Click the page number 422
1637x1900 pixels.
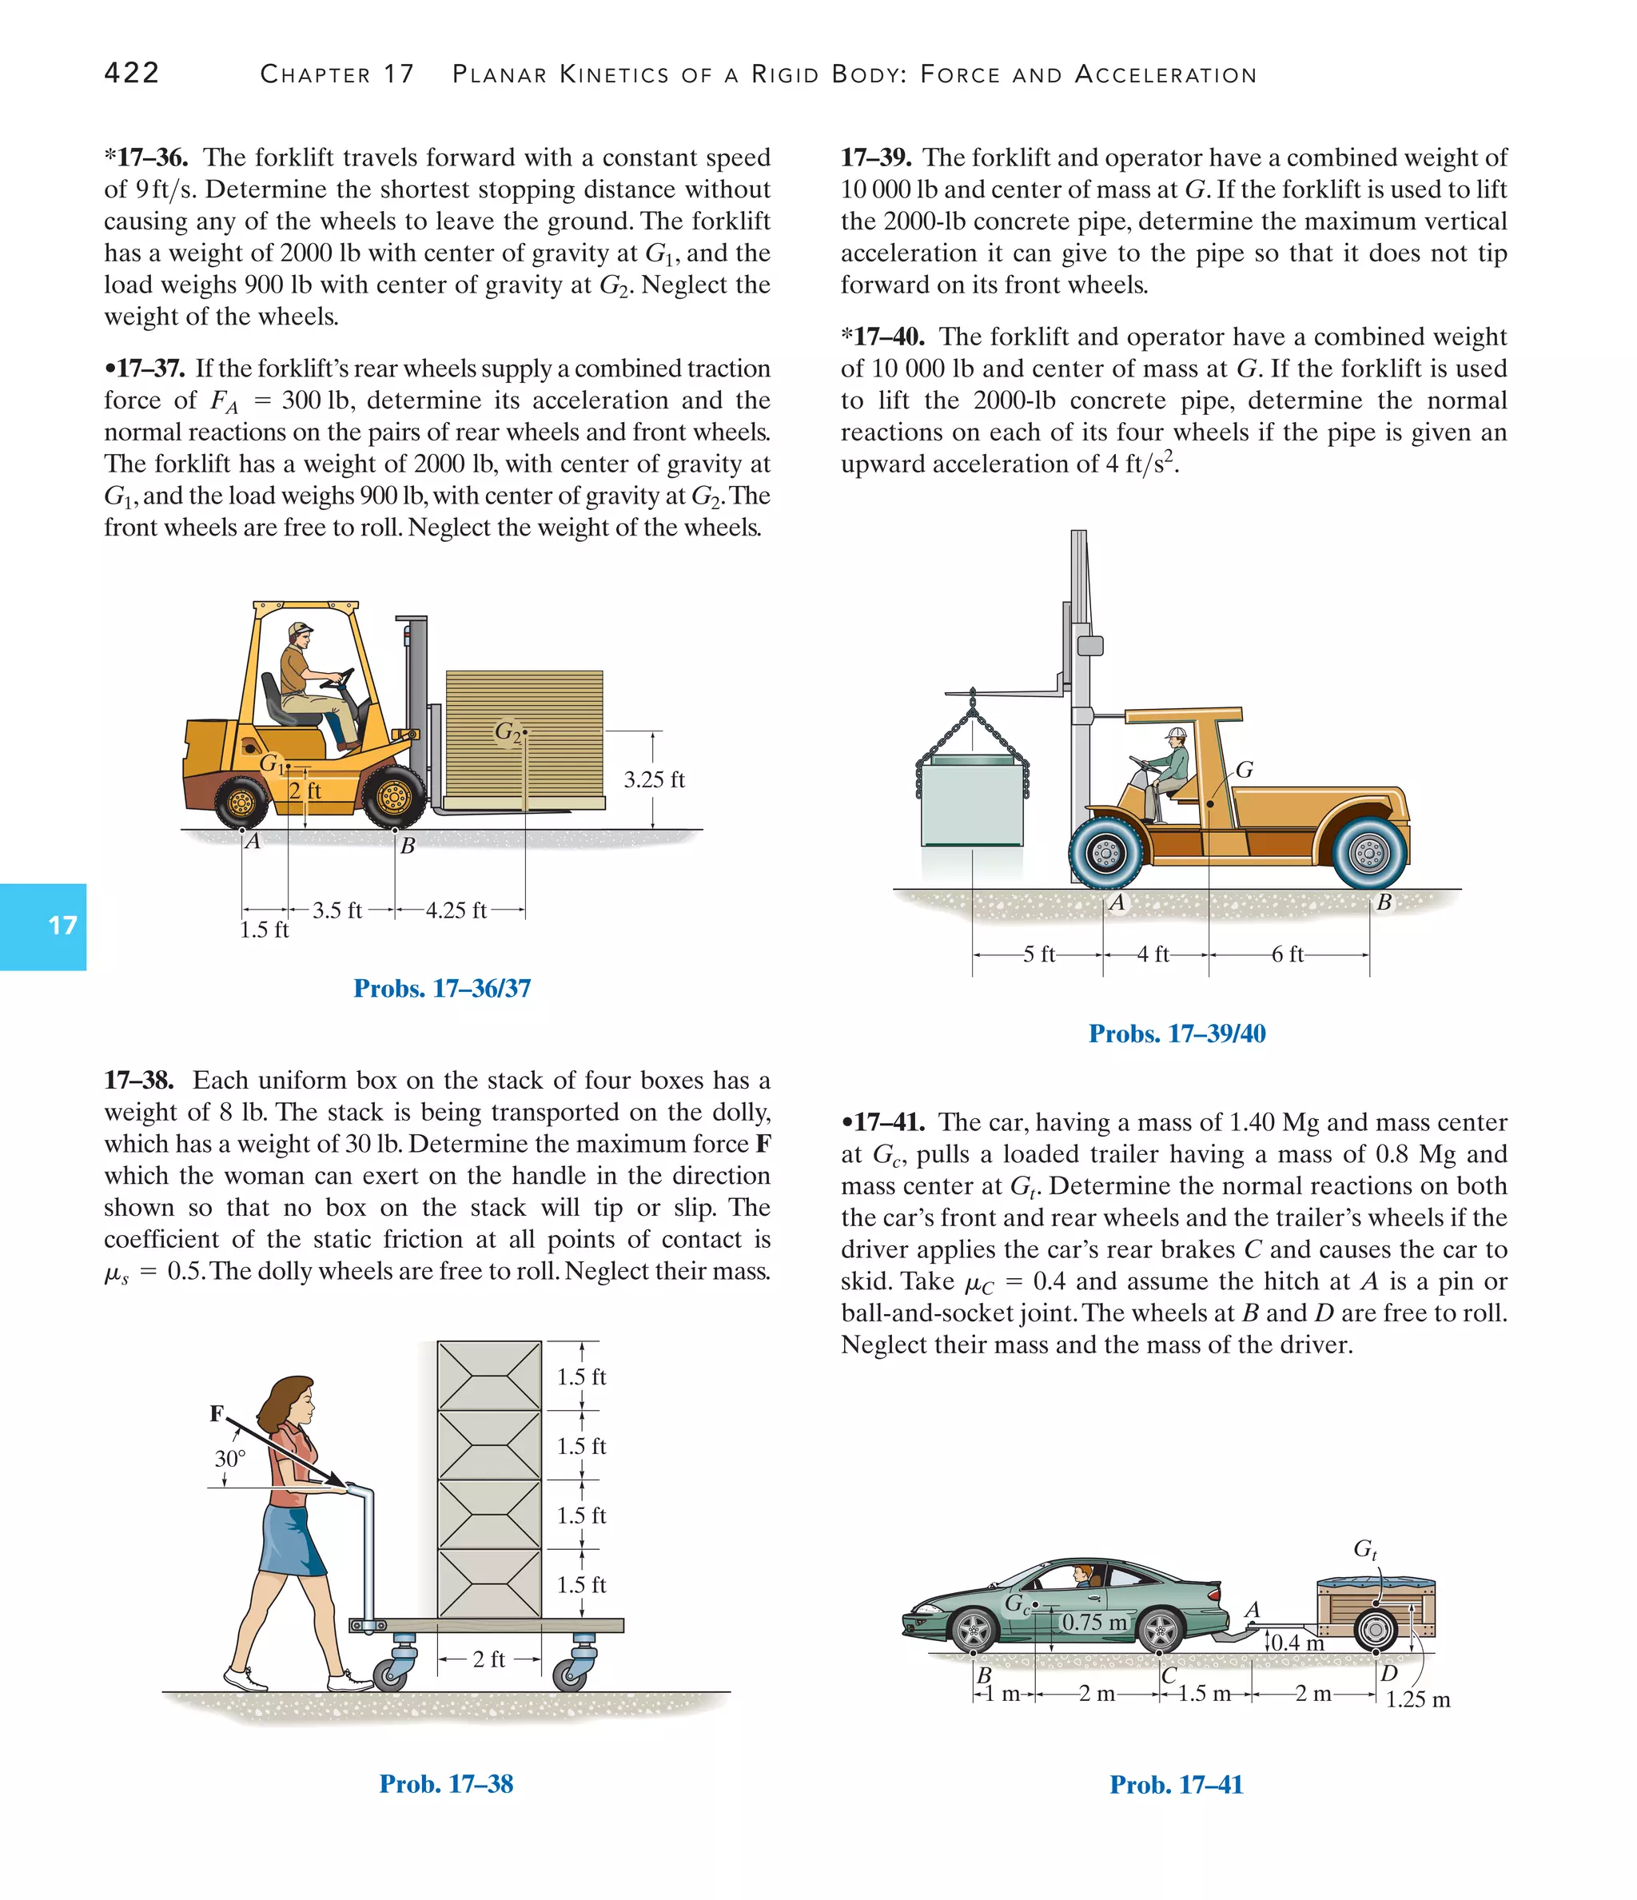[x=132, y=74]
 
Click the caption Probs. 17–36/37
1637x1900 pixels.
[x=442, y=989]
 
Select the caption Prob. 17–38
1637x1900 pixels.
[x=446, y=1783]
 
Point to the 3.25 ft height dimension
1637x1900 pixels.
[x=654, y=780]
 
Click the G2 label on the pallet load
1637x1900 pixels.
[x=507, y=731]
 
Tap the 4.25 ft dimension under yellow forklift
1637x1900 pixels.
[x=456, y=910]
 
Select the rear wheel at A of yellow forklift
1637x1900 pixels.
[x=241, y=803]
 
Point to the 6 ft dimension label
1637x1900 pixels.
[x=1288, y=954]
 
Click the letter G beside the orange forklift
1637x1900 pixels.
[x=1244, y=771]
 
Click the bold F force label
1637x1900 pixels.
[x=217, y=1413]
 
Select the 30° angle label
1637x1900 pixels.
[x=230, y=1458]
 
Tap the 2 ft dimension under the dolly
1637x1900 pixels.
[x=489, y=1659]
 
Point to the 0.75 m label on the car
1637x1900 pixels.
[x=1094, y=1622]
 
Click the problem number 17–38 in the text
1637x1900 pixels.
[x=138, y=1080]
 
